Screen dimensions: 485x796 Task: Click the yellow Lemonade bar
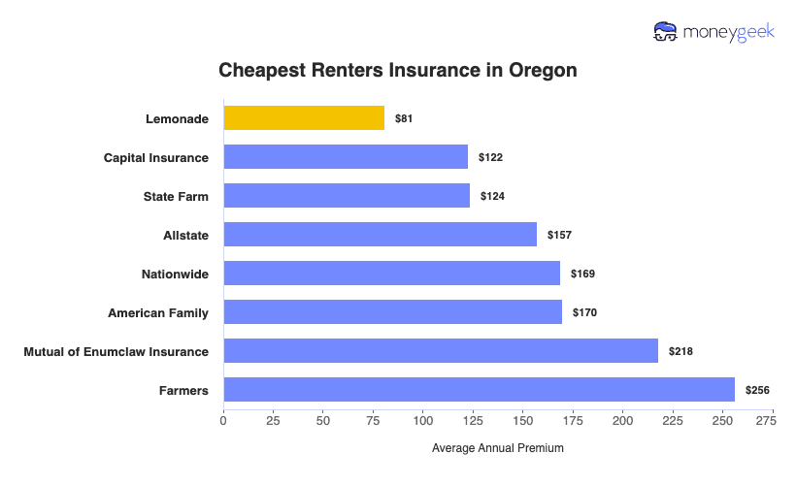click(304, 117)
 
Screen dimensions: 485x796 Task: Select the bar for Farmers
click(479, 390)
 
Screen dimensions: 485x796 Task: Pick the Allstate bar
click(380, 234)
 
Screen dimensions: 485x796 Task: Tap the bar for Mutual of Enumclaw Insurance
click(441, 351)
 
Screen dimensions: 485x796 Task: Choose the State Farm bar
click(347, 195)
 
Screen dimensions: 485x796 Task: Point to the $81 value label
click(404, 118)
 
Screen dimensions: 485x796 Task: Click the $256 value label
click(757, 390)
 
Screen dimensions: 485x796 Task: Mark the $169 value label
click(582, 274)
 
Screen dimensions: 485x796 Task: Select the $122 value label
click(490, 157)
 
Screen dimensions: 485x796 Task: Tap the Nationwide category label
click(175, 274)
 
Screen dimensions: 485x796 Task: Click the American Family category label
click(158, 312)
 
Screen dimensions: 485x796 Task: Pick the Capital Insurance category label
click(156, 157)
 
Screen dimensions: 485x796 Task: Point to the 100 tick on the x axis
click(423, 421)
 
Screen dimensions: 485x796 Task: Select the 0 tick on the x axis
click(223, 421)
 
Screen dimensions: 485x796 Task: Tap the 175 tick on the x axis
click(573, 421)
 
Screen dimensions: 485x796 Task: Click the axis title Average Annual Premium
click(497, 448)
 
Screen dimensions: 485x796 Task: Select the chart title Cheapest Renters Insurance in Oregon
click(398, 71)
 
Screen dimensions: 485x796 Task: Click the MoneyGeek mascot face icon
click(666, 32)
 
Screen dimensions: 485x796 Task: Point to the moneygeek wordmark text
click(730, 32)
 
